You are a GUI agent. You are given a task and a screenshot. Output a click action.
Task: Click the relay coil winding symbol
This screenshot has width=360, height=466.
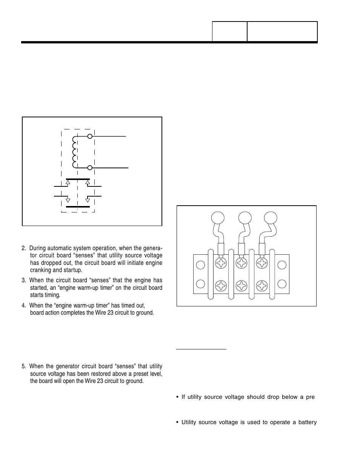pyautogui.click(x=74, y=152)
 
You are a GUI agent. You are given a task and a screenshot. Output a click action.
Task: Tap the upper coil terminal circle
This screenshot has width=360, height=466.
pyautogui.click(x=90, y=136)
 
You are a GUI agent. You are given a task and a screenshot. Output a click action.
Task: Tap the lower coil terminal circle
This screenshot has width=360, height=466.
pyautogui.click(x=90, y=168)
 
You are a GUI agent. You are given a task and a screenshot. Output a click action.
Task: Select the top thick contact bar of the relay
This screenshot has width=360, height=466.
pyautogui.click(x=78, y=179)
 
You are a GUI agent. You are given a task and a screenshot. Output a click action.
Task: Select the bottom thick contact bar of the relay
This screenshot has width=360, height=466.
pyautogui.click(x=78, y=207)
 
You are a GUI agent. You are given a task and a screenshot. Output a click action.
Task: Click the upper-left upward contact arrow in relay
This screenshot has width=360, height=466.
pyautogui.click(x=68, y=183)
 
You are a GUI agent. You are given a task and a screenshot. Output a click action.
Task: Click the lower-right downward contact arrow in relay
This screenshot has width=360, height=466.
pyautogui.click(x=88, y=199)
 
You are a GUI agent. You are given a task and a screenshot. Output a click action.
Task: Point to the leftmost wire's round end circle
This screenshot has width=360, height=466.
pyautogui.click(x=217, y=218)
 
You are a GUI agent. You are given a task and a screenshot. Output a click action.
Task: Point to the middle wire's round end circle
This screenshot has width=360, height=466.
pyautogui.click(x=245, y=218)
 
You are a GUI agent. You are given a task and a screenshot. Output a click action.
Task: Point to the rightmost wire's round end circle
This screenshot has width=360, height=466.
pyautogui.click(x=270, y=218)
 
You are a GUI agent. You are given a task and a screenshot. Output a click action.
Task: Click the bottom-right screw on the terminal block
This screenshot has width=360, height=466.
pyautogui.click(x=262, y=286)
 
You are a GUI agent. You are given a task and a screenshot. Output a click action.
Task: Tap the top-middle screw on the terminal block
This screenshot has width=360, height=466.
pyautogui.click(x=241, y=263)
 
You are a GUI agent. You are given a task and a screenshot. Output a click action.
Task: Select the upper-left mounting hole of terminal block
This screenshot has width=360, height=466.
pyautogui.click(x=201, y=265)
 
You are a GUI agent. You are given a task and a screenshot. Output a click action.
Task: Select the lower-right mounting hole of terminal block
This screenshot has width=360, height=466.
pyautogui.click(x=282, y=283)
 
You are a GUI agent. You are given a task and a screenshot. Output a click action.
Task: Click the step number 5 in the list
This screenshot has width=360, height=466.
pyautogui.click(x=23, y=366)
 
